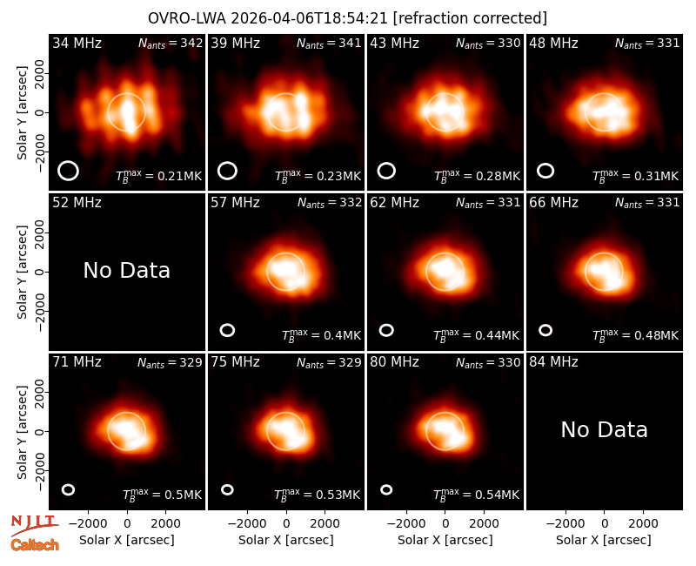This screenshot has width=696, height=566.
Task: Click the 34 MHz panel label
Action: click(x=77, y=44)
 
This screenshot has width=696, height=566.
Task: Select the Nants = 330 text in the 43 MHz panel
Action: click(x=488, y=44)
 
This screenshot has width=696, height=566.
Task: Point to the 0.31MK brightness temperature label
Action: click(x=636, y=177)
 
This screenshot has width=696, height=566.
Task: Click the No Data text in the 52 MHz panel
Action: click(x=126, y=270)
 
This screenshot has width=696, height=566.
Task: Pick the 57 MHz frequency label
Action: click(x=235, y=203)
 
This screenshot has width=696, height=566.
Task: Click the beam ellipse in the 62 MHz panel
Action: click(x=386, y=330)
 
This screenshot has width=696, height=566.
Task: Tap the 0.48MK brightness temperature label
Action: click(x=636, y=335)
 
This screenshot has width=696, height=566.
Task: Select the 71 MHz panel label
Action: click(x=77, y=362)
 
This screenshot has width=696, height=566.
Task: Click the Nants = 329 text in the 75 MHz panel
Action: click(x=329, y=362)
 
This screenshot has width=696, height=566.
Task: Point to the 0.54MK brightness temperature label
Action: click(x=476, y=495)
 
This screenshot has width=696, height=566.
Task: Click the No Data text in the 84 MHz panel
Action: click(x=604, y=429)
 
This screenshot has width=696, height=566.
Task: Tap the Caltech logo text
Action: click(x=35, y=545)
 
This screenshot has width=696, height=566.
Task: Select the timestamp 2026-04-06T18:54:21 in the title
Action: click(x=309, y=18)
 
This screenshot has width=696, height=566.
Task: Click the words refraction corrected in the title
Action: click(x=470, y=18)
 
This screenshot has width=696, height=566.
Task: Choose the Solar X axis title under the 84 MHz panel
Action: click(x=604, y=540)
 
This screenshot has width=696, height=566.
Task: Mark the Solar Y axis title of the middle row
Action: click(x=23, y=272)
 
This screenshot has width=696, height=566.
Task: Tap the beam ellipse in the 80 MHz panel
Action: click(x=386, y=489)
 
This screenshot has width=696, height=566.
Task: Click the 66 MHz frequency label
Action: click(x=553, y=203)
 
